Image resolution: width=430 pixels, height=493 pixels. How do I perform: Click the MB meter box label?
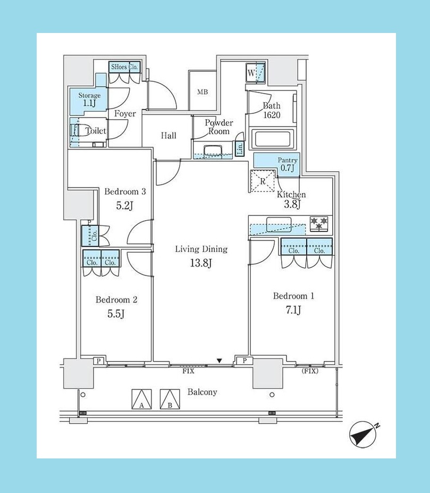coord(203,92)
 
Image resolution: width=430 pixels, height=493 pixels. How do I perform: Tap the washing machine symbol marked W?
coord(255,73)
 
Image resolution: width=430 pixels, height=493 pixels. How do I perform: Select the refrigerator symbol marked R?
coord(263,181)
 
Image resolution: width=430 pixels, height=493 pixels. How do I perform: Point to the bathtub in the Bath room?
coord(272,139)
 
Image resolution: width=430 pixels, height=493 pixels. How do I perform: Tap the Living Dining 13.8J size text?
coord(201,263)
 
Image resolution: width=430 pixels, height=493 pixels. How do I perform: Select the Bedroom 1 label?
coord(293,296)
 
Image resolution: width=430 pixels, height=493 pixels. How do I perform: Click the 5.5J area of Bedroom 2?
coord(116,313)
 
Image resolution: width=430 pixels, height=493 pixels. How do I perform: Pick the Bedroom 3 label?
coord(125,191)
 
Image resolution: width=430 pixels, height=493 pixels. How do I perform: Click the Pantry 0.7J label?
coord(288,164)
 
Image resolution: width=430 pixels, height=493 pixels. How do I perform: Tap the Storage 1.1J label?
coord(89,99)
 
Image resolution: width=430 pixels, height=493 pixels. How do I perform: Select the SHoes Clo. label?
coord(124,67)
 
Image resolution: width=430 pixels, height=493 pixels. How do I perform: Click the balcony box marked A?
coord(141,399)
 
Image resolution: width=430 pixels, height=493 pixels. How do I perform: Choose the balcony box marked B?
coord(170,399)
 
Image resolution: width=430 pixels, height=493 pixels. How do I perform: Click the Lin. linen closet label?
coord(240,148)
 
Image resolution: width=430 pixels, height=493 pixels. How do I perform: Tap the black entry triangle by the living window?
coord(220,361)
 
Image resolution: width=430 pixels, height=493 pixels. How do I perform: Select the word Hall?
coord(168,136)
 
